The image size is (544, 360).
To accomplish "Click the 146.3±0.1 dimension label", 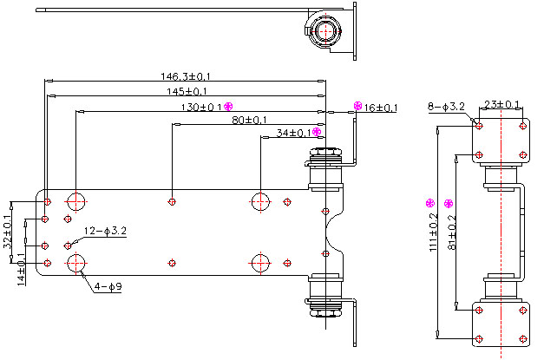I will click(185, 75).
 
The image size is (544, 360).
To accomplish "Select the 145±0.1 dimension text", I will click(187, 91).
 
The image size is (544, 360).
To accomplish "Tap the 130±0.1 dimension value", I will click(200, 108).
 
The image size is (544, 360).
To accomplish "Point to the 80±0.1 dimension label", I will click(249, 120).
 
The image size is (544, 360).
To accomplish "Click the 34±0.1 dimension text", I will click(292, 133).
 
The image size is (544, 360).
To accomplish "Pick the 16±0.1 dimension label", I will click(381, 108).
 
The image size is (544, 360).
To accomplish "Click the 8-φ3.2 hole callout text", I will click(447, 107).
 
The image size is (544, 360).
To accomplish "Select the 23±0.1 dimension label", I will click(501, 105).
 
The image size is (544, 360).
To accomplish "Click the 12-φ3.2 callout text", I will click(106, 231).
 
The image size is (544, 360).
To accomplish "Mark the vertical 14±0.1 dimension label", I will click(22, 266).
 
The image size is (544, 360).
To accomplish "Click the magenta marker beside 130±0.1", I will click(229, 107).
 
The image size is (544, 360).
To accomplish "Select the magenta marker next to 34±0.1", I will click(317, 132).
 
